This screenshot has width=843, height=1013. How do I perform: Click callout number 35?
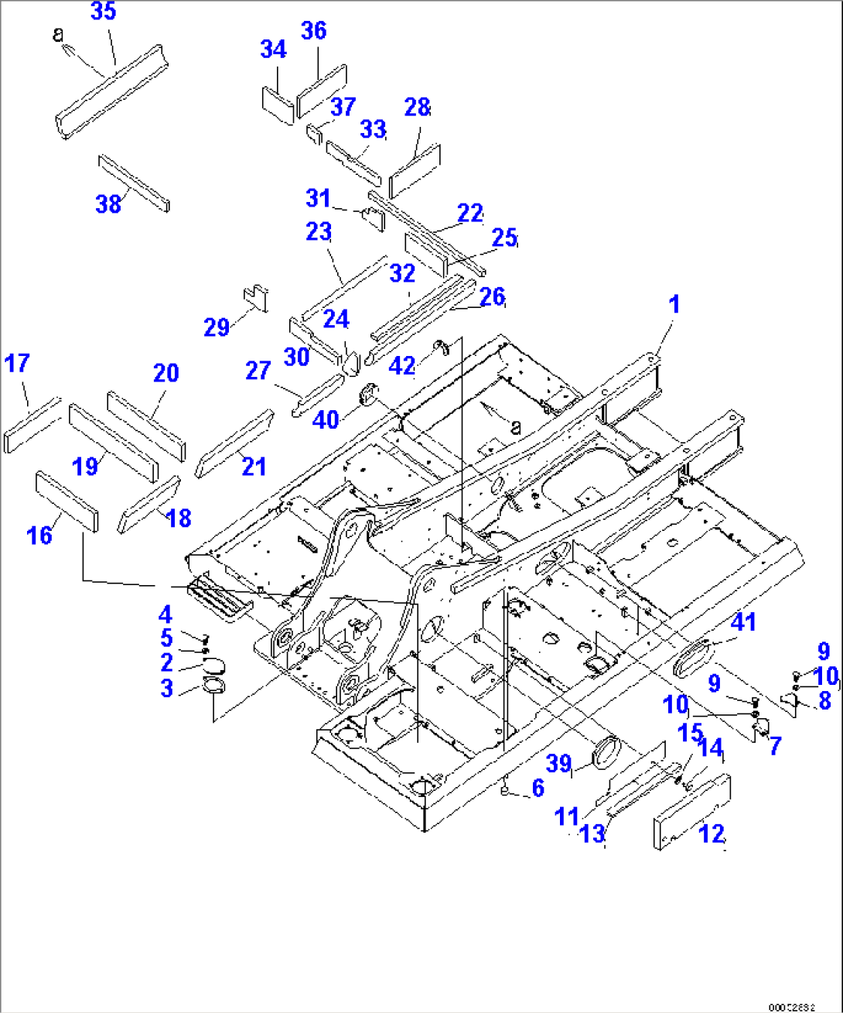coord(103,12)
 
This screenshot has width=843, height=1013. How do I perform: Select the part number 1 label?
coord(674,304)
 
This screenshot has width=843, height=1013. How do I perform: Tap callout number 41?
coord(743,621)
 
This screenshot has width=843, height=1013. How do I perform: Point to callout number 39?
coord(558,764)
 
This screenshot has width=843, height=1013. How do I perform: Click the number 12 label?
coord(712,833)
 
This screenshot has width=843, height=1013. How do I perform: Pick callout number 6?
coord(538,788)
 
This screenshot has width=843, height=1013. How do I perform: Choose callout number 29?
coord(217,327)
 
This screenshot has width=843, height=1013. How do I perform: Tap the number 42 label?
coord(401,366)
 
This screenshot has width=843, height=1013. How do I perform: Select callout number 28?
coord(417,108)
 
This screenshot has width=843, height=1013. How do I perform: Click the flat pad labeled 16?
coord(67,502)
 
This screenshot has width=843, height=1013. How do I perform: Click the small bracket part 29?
coord(256,297)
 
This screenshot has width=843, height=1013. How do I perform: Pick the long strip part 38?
coord(134,183)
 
